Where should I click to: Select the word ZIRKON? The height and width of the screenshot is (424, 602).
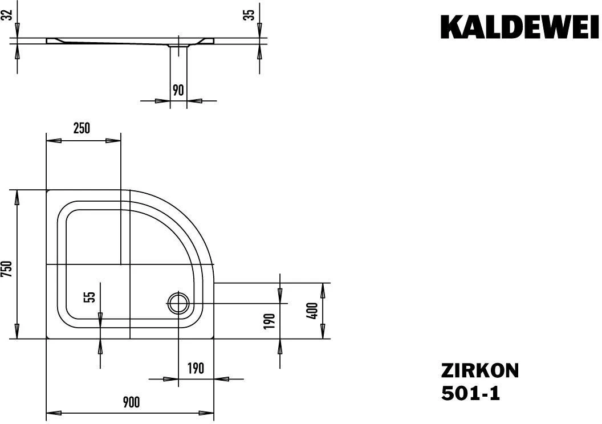pos(479,371)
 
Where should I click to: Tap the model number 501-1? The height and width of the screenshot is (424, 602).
pos(470,393)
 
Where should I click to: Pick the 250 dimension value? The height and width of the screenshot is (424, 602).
pos(82,128)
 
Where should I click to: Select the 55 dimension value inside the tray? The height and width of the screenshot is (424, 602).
pos(89,297)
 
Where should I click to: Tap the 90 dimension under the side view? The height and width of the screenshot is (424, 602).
pos(178,89)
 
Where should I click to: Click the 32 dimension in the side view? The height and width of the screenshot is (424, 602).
pos(7,15)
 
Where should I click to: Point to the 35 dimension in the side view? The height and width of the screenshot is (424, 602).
pos(249,15)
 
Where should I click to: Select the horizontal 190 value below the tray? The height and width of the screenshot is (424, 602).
pos(196,368)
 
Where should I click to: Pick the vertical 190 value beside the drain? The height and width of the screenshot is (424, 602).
pos(270,321)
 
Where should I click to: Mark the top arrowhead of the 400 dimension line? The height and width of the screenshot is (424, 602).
pos(323,288)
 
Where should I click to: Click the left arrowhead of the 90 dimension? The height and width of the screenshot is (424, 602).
pos(165,101)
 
